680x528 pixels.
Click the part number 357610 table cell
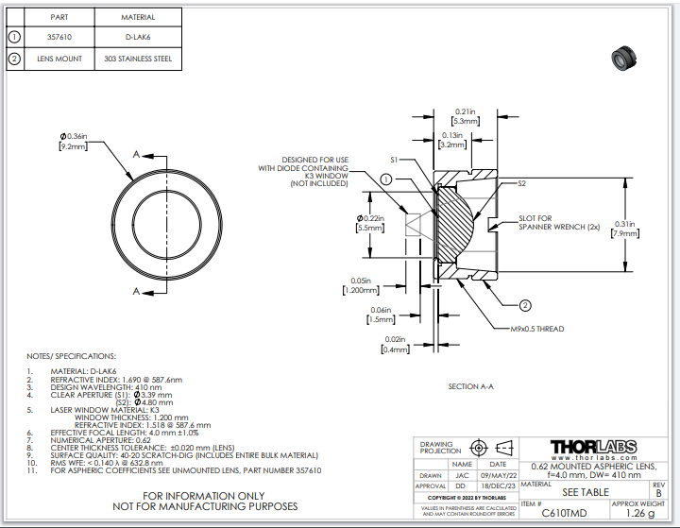pos(59,38)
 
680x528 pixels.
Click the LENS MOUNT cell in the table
pos(59,59)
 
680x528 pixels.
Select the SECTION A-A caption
pos(471,386)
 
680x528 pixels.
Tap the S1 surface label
pos(397,161)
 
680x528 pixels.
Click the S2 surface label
pos(521,183)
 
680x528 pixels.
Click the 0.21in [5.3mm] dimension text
pos(464,116)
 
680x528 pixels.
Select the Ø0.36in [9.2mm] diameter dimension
pos(73,142)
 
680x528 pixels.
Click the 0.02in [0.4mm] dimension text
pos(396,344)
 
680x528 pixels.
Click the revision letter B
pos(658,492)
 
